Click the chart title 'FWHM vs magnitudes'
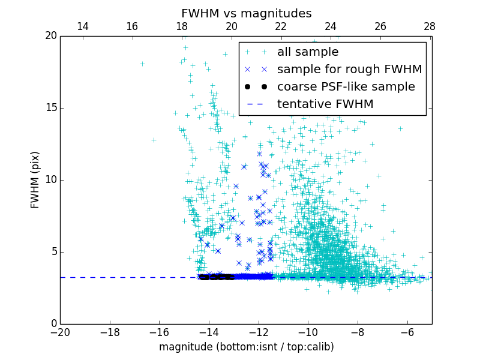tap(246, 13)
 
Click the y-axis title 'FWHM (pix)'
tap(35, 179)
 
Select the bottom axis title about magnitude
tap(246, 347)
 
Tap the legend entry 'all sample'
tap(308, 52)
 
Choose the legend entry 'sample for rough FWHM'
tap(349, 70)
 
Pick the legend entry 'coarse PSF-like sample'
tap(346, 87)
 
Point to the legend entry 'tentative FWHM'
tap(325, 104)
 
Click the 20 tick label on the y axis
tap(50, 36)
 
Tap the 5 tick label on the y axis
tap(53, 252)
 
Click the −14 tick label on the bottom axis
tap(209, 332)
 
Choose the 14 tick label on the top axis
tap(83, 26)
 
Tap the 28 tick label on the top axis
tap(430, 26)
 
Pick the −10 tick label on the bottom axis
tap(308, 332)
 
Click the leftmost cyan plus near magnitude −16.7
tap(142, 64)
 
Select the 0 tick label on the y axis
tap(53, 324)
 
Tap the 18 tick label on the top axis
tap(182, 26)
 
